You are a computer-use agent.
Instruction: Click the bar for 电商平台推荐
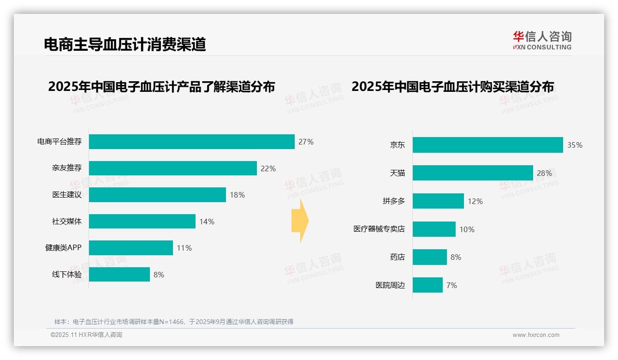191,142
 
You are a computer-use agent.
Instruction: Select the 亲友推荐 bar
172,168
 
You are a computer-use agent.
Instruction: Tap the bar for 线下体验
119,275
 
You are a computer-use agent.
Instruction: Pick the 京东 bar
487,145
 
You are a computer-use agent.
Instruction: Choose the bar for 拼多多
438,201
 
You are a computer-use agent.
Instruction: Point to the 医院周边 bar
428,285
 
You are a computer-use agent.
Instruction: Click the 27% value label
306,142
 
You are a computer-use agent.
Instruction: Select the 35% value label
575,145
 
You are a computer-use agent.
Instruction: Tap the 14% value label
207,222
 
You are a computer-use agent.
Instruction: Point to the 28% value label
544,173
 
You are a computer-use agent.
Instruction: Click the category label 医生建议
67,195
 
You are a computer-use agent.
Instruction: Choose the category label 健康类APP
63,248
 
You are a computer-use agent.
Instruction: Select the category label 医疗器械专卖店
379,229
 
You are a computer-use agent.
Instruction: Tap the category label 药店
397,257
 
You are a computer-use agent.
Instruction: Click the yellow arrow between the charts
300,221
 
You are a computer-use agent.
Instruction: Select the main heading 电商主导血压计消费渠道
125,44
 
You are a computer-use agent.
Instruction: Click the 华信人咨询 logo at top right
542,40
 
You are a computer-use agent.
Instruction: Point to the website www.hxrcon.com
536,335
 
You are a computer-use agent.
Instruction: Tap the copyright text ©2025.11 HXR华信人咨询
86,335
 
